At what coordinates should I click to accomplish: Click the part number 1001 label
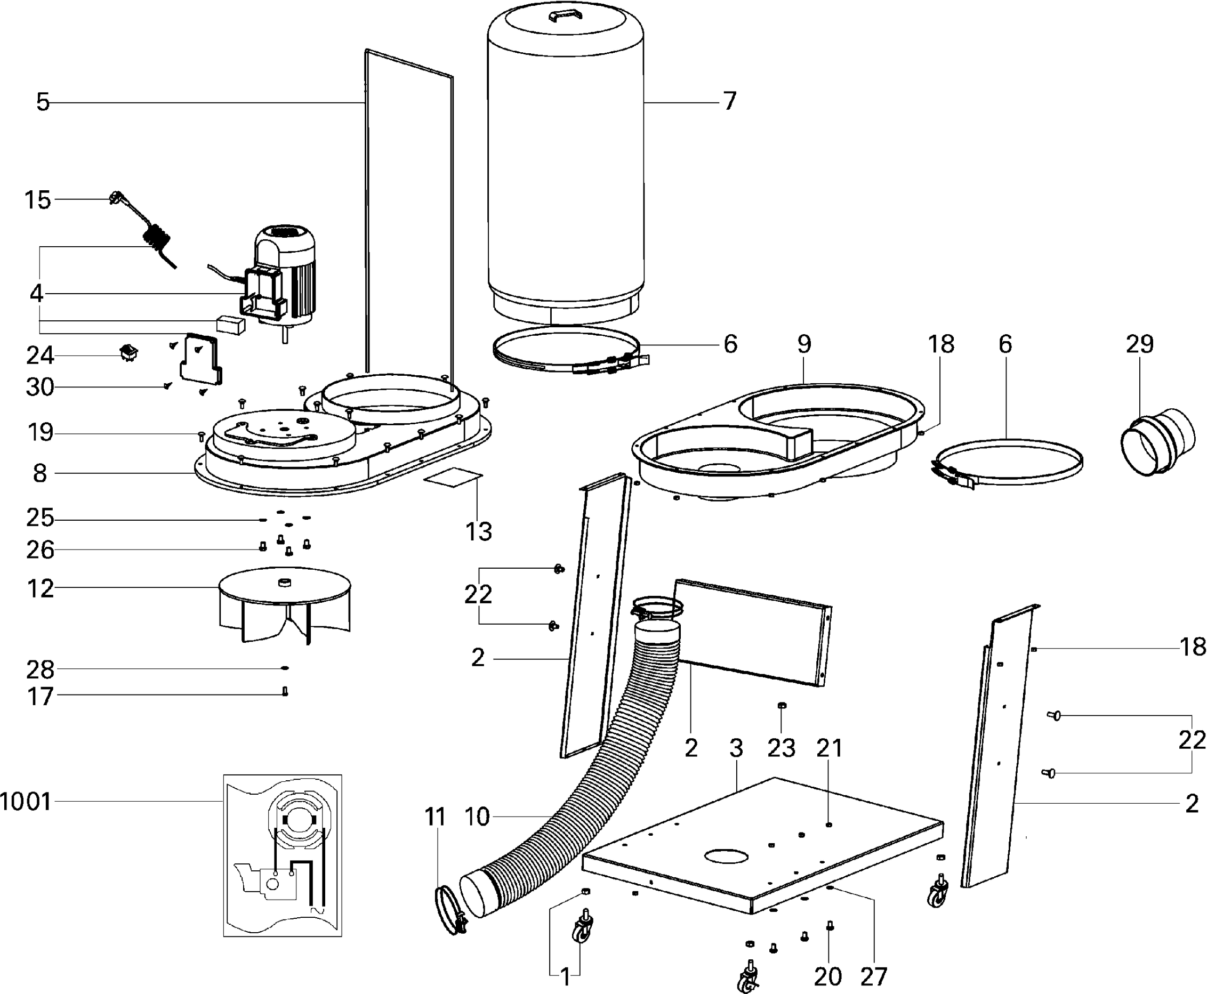coord(26,802)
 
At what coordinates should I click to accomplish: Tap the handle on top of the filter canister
coord(565,15)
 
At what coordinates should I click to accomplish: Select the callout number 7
coord(729,101)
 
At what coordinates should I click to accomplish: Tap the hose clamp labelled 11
coord(450,910)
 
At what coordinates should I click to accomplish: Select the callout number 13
coord(479,532)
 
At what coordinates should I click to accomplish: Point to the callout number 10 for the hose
coord(477,817)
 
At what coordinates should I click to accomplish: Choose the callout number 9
coord(804,344)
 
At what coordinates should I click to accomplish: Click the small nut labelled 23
coord(782,706)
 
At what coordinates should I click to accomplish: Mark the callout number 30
coord(40,387)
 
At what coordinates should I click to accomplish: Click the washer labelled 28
coord(285,668)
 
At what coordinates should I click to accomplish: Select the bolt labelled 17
coord(285,692)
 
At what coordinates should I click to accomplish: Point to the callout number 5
coord(42,102)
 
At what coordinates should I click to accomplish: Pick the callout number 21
coord(829,748)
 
